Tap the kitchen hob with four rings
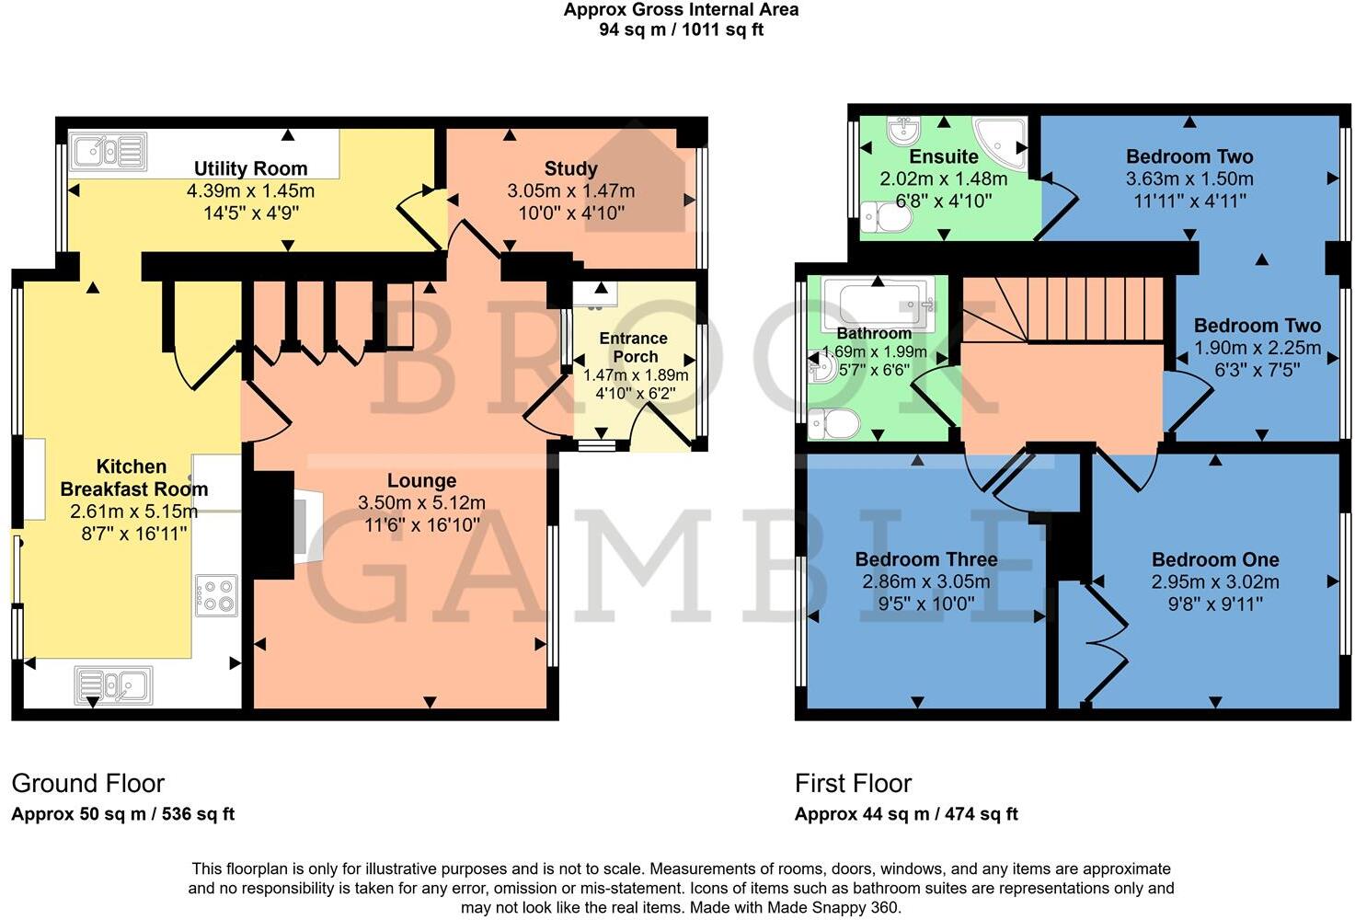pos(216,594)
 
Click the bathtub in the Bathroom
pos(878,302)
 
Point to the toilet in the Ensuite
pos(885,218)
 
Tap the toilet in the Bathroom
pos(833,424)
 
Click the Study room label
pos(570,168)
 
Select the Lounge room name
pos(421,480)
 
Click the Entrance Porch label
pos(634,347)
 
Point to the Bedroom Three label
pos(925,559)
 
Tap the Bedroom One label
pos(1214,559)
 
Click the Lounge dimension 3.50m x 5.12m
pos(421,502)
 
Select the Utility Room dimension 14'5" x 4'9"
pos(250,213)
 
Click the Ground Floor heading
pos(88,783)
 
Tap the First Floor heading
pos(853,783)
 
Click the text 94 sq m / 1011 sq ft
pos(681,29)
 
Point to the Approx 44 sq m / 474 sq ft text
pos(906,814)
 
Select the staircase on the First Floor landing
pos(1067,308)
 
